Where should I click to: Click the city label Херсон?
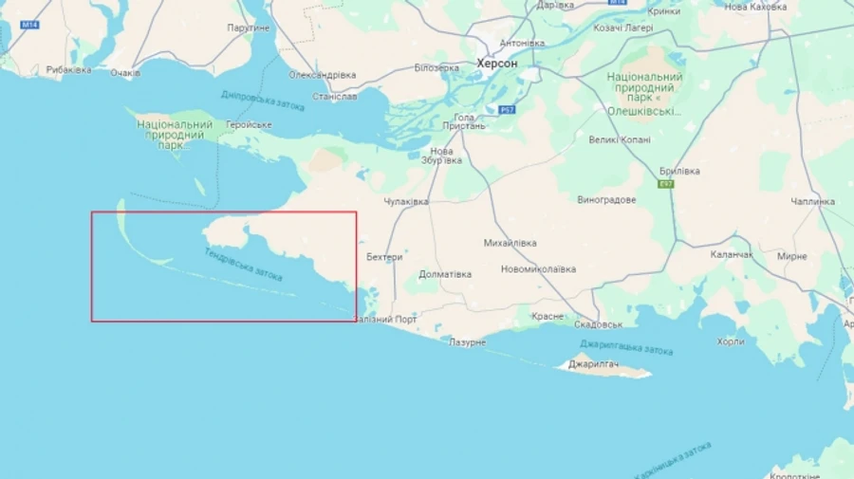coord(496,64)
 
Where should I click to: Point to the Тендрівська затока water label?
coord(244,265)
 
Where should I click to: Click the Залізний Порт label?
coord(385,320)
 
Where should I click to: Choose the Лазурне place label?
coord(468,341)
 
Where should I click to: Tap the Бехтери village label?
coord(384,257)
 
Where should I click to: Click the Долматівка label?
coord(445,274)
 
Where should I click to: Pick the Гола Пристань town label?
coord(464,121)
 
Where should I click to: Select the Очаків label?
coord(125,73)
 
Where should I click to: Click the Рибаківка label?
coord(69,70)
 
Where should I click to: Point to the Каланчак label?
coord(732,255)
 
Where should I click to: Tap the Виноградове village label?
coord(606,200)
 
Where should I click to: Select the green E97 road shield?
coord(667,184)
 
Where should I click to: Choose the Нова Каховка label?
coord(755,7)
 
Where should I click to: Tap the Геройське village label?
coord(249,124)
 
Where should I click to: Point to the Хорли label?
coord(731,341)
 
